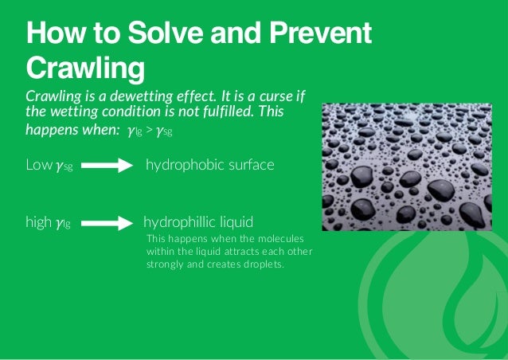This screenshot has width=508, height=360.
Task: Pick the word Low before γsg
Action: (39, 165)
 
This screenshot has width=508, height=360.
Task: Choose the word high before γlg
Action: (39, 222)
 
